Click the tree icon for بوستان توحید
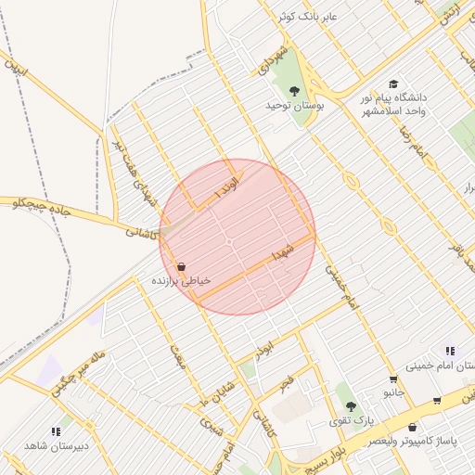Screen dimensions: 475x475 tap(295, 91)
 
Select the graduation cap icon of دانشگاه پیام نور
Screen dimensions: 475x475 tap(392, 84)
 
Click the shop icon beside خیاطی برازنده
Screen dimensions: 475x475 tap(181, 266)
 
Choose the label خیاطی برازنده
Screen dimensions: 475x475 tap(181, 279)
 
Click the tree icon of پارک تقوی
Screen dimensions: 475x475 tap(351, 407)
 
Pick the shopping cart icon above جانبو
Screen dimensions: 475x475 tap(393, 379)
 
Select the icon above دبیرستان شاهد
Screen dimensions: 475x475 tap(55, 431)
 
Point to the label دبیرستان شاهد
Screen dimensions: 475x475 tap(54, 446)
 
